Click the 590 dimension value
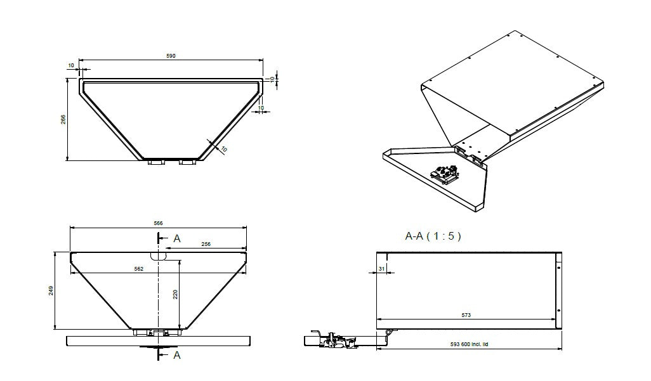pyautogui.click(x=171, y=56)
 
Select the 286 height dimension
pyautogui.click(x=63, y=120)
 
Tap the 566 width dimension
pyautogui.click(x=158, y=223)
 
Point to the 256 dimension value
pyautogui.click(x=206, y=243)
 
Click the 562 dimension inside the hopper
pyautogui.click(x=139, y=269)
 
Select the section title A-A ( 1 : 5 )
pyautogui.click(x=433, y=236)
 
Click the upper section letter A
pyautogui.click(x=177, y=238)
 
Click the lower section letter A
pyautogui.click(x=177, y=355)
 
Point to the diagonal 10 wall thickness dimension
pyautogui.click(x=223, y=148)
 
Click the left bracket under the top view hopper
pyautogui.click(x=155, y=163)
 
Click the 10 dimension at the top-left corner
pyautogui.click(x=70, y=65)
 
